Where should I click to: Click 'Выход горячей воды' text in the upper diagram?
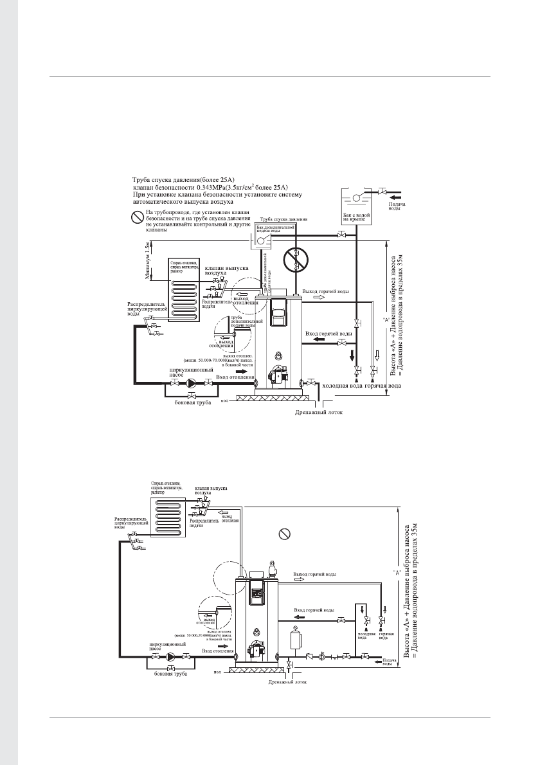(x=327, y=292)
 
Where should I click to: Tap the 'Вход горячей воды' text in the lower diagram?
(x=313, y=610)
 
